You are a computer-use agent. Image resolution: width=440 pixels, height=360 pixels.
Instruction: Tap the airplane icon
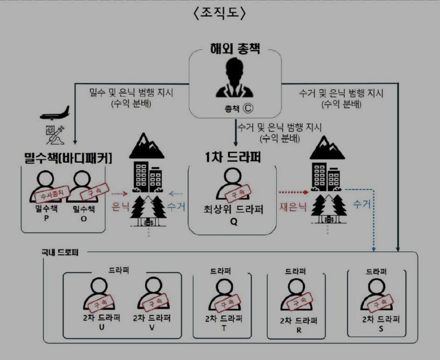coord(55,113)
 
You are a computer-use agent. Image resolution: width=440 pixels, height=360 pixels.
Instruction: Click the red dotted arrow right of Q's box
coord(293,191)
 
